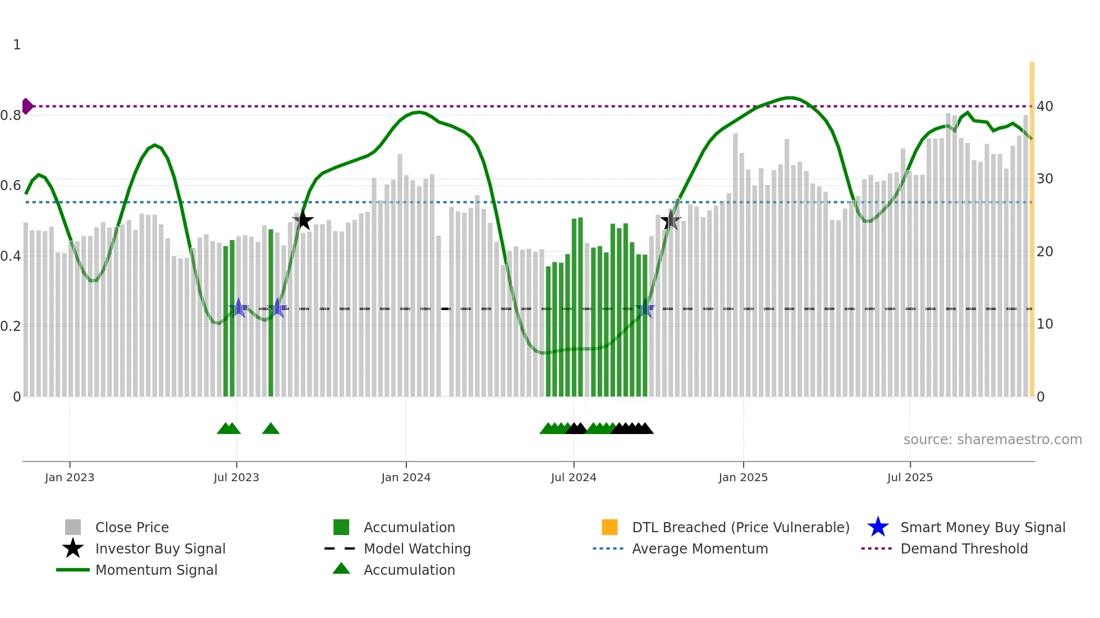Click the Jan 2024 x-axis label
[406, 477]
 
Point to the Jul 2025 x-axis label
[910, 477]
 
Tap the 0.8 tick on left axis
[10, 116]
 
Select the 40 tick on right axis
[1044, 106]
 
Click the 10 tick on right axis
[1044, 324]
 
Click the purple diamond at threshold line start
[27, 106]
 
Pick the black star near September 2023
[303, 220]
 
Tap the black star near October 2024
[670, 220]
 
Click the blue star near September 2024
[645, 308]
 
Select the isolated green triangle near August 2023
[271, 429]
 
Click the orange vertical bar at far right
[1032, 230]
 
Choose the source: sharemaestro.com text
[992, 440]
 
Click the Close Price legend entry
[131, 527]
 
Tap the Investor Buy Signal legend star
[73, 548]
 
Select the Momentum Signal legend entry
[156, 570]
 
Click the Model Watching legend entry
[416, 548]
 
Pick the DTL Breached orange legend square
[609, 527]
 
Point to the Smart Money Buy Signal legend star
[878, 527]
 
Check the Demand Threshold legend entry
[964, 548]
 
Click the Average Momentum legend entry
[699, 548]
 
